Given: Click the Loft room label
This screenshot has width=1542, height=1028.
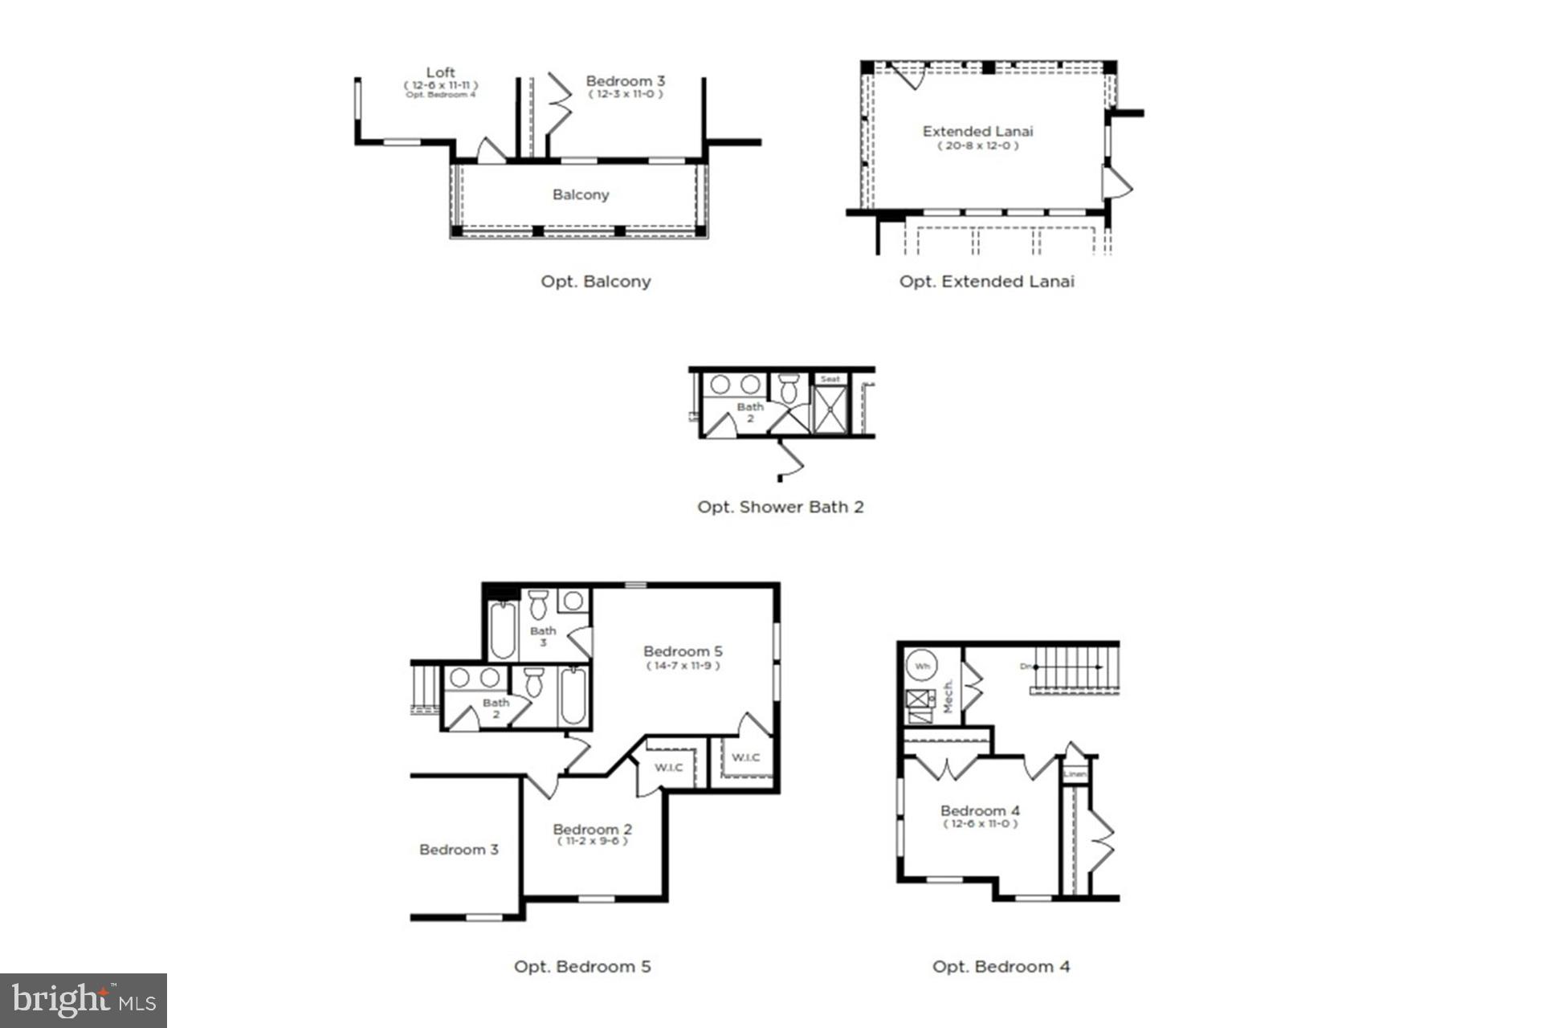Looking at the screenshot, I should click(x=440, y=73).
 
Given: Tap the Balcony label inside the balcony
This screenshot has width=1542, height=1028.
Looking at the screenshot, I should click(x=581, y=195).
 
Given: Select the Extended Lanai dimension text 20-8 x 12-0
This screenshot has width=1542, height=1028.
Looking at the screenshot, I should click(x=977, y=146).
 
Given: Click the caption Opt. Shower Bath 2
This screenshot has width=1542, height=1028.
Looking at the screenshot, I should click(x=780, y=508).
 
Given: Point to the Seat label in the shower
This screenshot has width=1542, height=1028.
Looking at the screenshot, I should click(x=830, y=379).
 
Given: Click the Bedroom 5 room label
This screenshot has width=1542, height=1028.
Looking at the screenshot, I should click(x=683, y=651).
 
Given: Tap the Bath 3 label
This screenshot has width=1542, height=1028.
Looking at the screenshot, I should click(x=543, y=636).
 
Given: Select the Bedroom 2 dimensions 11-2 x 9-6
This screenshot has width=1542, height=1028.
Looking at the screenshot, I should click(x=593, y=842).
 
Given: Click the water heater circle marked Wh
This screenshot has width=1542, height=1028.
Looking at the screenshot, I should click(x=922, y=666).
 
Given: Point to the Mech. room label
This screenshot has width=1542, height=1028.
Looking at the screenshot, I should click(x=948, y=696).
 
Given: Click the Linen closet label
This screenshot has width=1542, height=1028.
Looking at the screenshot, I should click(x=1075, y=774).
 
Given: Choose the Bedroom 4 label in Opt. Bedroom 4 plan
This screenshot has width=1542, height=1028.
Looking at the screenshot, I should click(x=980, y=811).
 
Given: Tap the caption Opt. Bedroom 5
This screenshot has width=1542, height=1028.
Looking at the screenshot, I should click(x=582, y=967).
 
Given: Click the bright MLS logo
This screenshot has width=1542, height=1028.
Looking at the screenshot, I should click(x=84, y=1001).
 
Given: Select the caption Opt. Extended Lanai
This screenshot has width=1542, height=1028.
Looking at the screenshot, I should click(x=986, y=282).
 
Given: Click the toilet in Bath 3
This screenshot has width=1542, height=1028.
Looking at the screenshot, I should click(x=538, y=605).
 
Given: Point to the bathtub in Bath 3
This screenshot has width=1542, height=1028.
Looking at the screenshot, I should click(x=502, y=630).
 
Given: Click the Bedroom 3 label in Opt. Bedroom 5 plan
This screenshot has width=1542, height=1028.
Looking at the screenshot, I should click(x=459, y=850).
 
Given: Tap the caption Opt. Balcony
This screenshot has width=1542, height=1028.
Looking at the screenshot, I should click(x=595, y=282).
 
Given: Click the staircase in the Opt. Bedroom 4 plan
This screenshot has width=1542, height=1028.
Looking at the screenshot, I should click(x=1075, y=668).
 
